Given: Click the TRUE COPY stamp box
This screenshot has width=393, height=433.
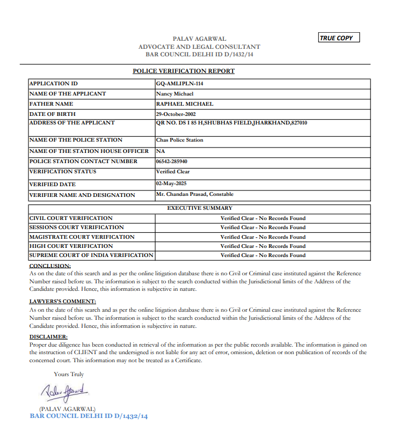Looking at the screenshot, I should click(x=338, y=38).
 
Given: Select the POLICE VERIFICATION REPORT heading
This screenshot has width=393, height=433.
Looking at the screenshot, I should click(x=184, y=71).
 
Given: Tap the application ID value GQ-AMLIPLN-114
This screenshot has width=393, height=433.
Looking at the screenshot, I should click(x=179, y=84).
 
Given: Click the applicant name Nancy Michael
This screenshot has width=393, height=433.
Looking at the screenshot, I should click(x=175, y=94).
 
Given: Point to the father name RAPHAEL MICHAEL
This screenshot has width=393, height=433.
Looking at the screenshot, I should click(x=184, y=104).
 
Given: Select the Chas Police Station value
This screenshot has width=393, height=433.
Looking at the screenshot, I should click(x=179, y=140).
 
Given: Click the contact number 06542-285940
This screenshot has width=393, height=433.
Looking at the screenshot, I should click(x=172, y=162).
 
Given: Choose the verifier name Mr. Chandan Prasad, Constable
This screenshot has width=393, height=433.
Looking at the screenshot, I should click(x=194, y=194).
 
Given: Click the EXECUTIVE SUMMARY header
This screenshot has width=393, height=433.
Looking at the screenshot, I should click(x=199, y=208).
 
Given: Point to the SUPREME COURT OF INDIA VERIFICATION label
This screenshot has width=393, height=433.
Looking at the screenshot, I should click(x=91, y=255).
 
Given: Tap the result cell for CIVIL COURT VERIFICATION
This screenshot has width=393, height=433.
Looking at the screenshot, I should click(x=263, y=218).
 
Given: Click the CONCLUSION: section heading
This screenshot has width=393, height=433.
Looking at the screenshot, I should click(x=50, y=266).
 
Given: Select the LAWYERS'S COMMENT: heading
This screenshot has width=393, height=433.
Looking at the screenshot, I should click(x=62, y=302).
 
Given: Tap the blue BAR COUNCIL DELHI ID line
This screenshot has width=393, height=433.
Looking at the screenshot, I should click(x=89, y=416).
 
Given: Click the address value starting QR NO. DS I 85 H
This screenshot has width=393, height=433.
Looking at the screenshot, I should click(x=231, y=123).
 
